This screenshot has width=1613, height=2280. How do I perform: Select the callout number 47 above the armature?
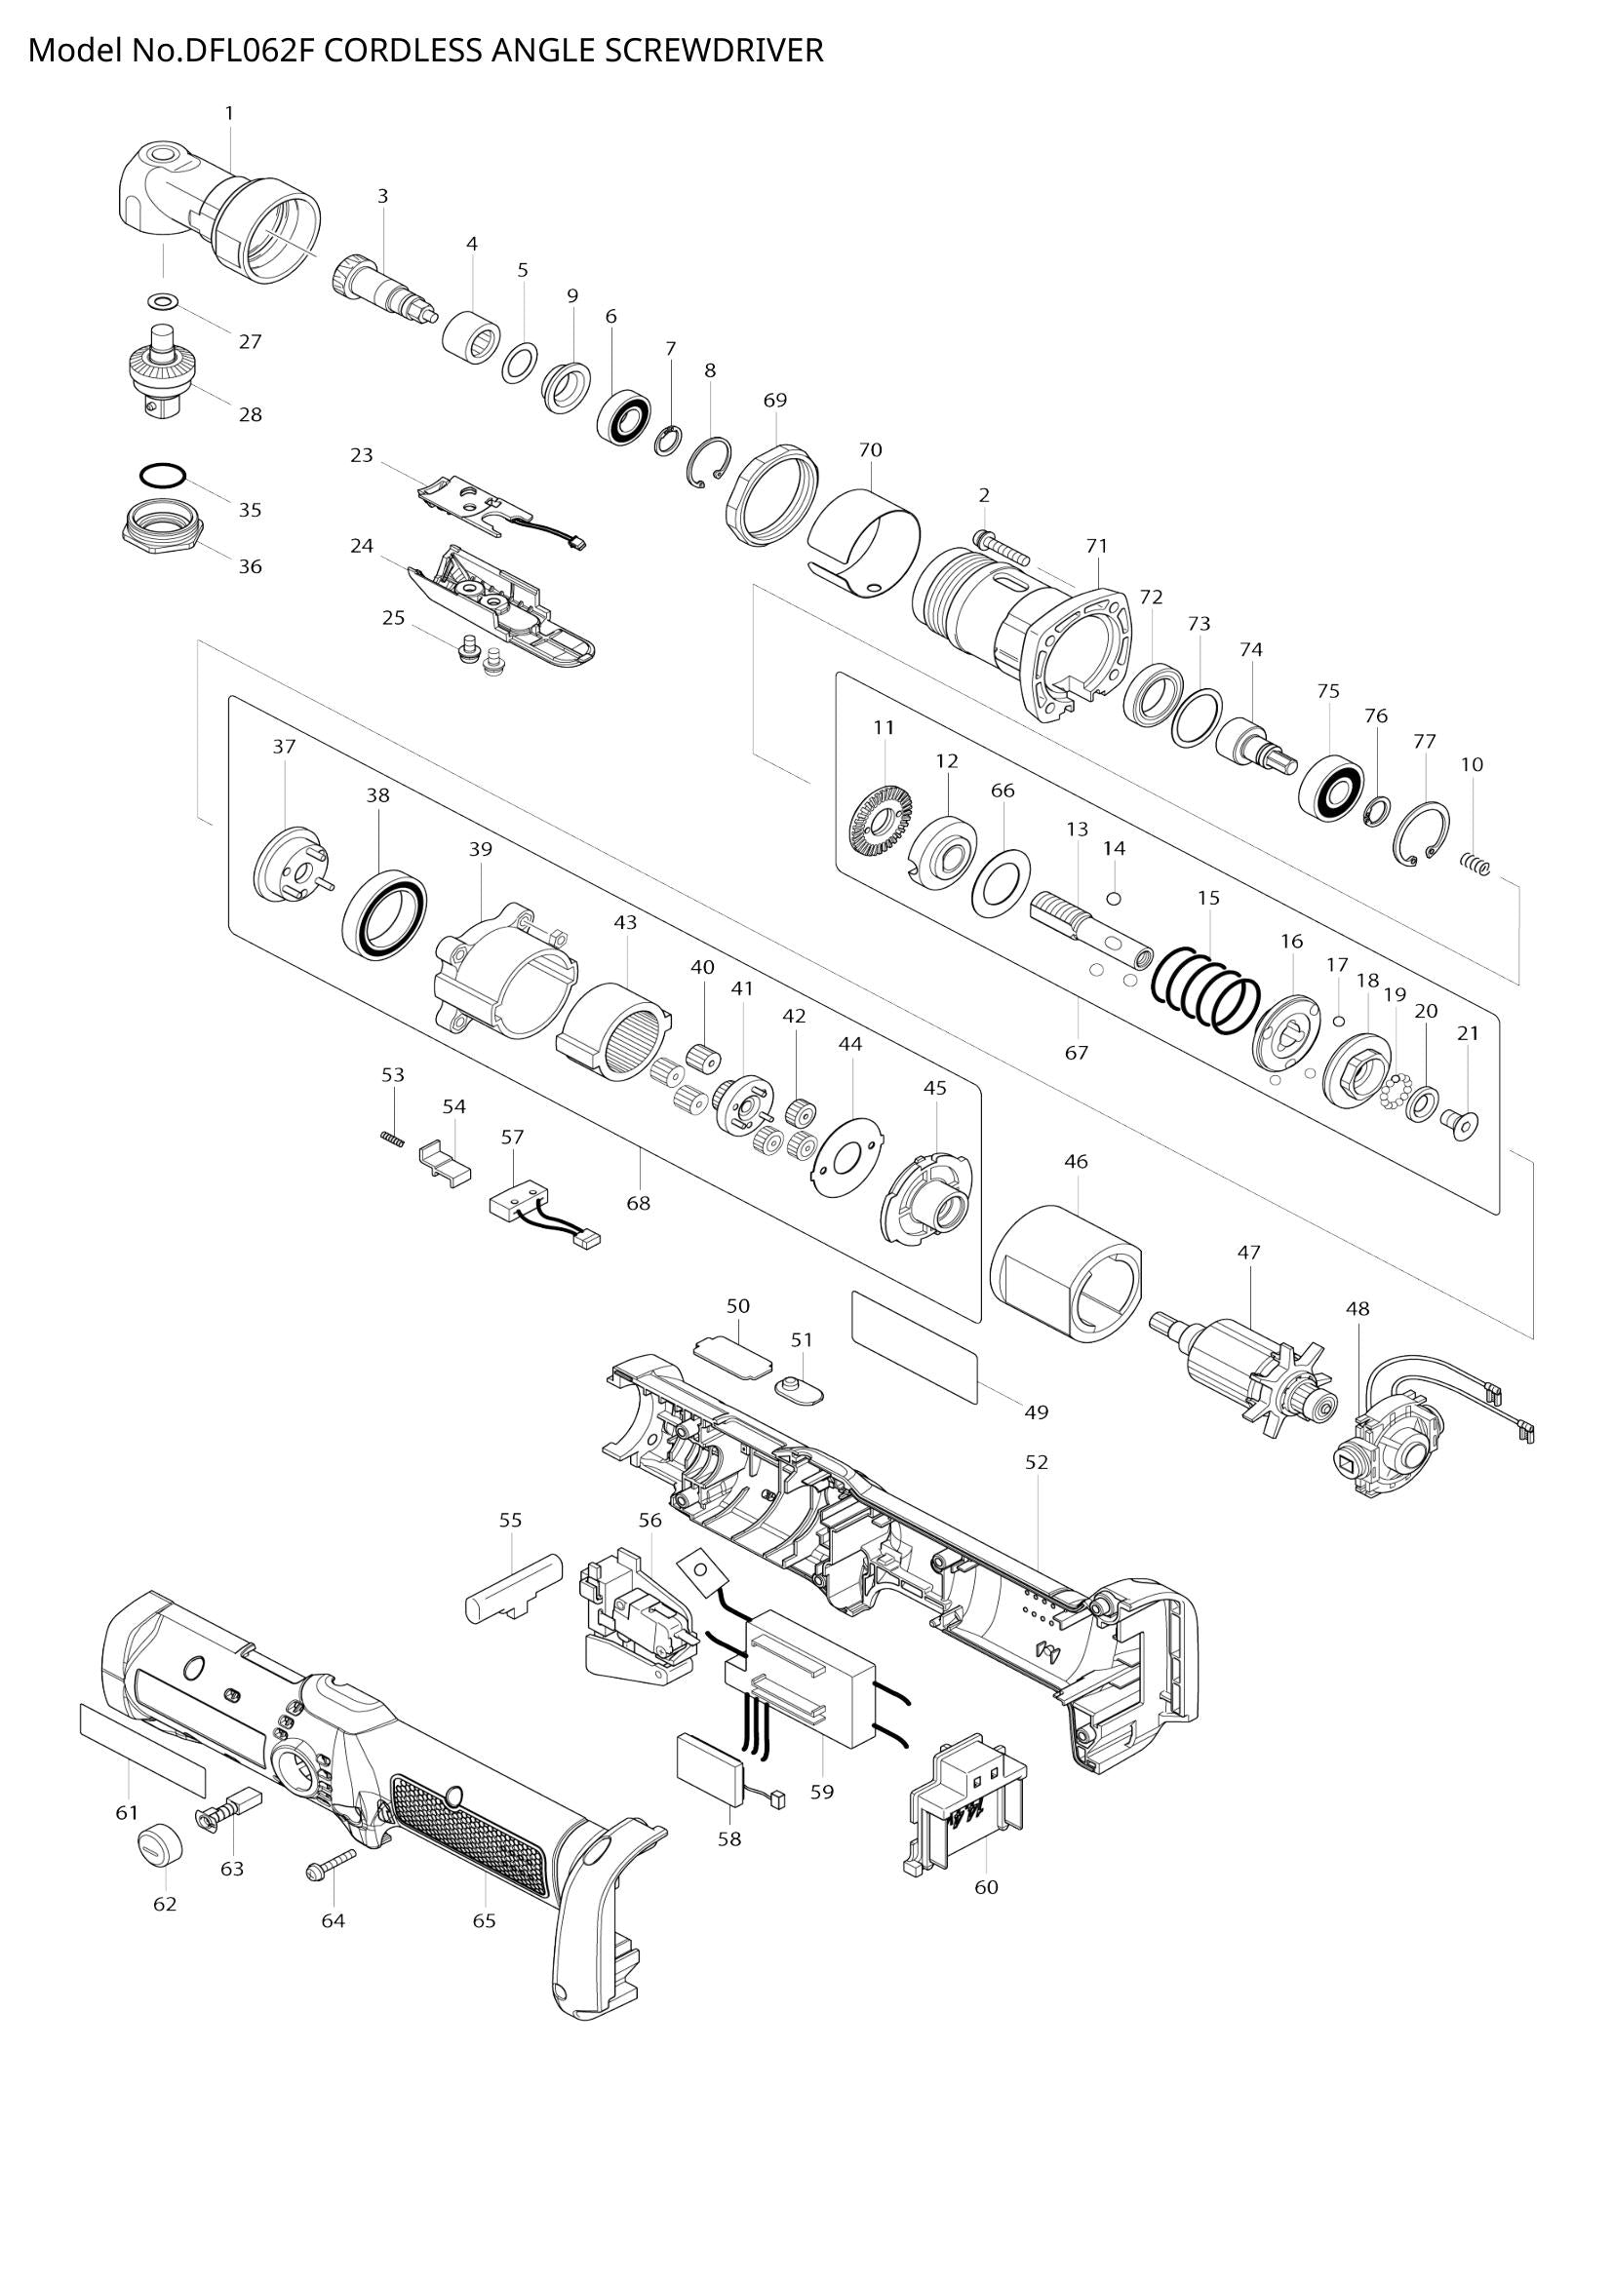1248,1254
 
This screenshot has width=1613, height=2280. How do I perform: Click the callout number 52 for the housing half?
1037,1463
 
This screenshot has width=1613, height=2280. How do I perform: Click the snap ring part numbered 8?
711,463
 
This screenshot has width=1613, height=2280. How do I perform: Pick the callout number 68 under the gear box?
638,1203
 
